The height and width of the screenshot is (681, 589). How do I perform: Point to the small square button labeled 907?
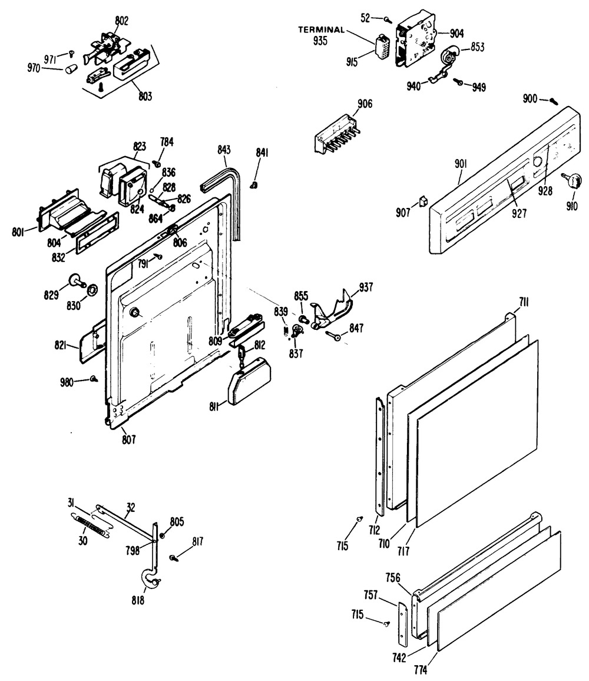pyautogui.click(x=423, y=203)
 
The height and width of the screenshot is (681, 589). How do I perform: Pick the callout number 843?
pyautogui.click(x=223, y=150)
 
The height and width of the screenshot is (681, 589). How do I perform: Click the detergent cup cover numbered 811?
pyautogui.click(x=247, y=382)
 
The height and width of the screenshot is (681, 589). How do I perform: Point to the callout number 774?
pyautogui.click(x=436, y=669)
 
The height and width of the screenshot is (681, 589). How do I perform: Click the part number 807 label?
pyautogui.click(x=130, y=438)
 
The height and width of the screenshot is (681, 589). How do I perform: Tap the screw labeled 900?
pyautogui.click(x=552, y=100)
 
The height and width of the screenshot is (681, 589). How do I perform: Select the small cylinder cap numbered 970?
pyautogui.click(x=72, y=69)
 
